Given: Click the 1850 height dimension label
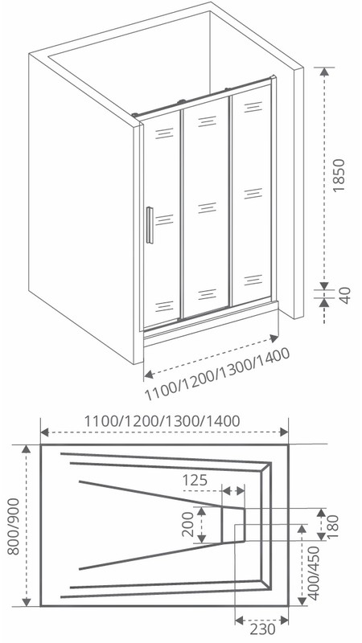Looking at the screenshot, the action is coord(339,175).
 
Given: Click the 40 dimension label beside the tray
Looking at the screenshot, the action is coord(345,295).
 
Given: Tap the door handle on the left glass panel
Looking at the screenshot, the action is coord(150,225).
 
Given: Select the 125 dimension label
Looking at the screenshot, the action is coord(195,480).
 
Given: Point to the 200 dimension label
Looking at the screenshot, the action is coord(187,525).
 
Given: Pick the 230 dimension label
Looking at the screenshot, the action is coord(263,629).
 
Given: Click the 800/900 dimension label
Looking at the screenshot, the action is coord(13,526).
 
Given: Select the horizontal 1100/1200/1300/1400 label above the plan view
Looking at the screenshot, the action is coord(162,420).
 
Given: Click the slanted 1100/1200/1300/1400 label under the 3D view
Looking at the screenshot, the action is coord(217,375).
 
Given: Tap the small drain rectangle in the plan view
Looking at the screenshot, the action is coord(233,525).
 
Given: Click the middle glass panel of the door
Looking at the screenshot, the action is coord(206,207).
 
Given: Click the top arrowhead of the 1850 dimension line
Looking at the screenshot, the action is coord(324,72).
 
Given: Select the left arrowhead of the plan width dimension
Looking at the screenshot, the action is coord(45,432).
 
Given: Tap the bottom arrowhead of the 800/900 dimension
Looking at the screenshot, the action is coord(27,601).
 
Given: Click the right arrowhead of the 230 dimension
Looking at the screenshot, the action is coord(284,620).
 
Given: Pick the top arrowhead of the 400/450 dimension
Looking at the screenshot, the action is coord(302,529).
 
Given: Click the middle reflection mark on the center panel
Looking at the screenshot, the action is coord(208,208).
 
